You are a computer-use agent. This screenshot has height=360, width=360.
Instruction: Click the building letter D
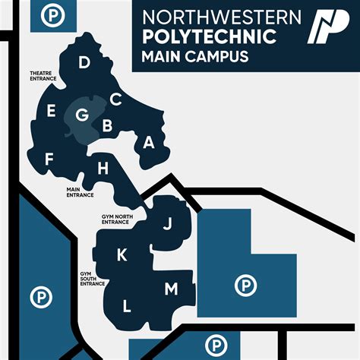[x=84, y=62]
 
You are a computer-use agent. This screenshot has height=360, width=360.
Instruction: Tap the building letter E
[x=51, y=112]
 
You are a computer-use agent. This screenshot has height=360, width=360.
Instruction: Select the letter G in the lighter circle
[x=82, y=115]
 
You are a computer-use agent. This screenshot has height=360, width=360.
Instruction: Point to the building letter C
[x=115, y=99]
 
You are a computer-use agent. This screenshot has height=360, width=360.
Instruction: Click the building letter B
[x=108, y=125]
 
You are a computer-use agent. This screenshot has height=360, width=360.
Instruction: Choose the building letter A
[x=149, y=142]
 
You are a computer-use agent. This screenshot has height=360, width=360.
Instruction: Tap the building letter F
[x=49, y=159]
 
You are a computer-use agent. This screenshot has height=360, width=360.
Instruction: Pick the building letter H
[x=103, y=169]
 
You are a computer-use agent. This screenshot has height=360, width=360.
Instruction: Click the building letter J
[x=168, y=223]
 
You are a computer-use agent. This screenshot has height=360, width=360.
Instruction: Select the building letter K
[x=122, y=255]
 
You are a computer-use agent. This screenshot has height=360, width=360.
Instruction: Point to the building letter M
[x=171, y=289]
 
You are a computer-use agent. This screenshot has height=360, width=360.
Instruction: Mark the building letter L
[x=127, y=306]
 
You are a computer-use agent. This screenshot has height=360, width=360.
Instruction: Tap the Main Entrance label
[x=80, y=192]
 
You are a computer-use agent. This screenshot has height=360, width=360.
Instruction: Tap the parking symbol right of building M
[x=245, y=286]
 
